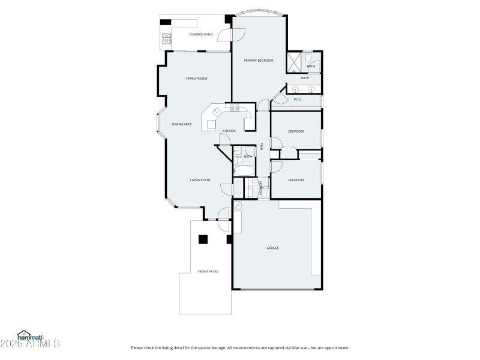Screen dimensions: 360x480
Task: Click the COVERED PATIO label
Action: pos(201,34)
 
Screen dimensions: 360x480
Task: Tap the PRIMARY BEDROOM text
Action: pos(258,61)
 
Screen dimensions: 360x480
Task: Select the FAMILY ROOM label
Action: pos(196,79)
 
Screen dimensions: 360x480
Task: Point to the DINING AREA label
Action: pos(182,124)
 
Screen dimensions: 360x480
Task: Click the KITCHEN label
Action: pos(229,131)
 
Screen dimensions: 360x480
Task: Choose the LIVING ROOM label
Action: pos(200,180)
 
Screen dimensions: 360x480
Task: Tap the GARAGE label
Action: pos(272,248)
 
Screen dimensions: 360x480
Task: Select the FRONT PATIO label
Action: pos(208,272)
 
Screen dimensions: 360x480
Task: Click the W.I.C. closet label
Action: pos(298,100)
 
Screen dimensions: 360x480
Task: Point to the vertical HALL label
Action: pos(262,146)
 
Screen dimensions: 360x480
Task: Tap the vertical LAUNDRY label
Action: pos(261,188)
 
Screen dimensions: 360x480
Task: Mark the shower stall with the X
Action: pos(294,62)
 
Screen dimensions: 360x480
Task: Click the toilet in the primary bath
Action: pos(307,57)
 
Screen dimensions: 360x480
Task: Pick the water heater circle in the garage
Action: pos(237,205)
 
